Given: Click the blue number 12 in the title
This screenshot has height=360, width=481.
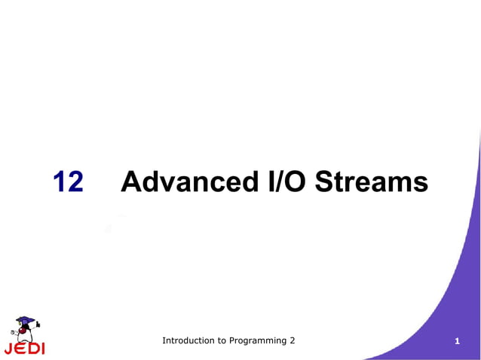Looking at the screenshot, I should [68, 182].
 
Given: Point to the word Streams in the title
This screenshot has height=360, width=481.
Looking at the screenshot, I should [372, 182].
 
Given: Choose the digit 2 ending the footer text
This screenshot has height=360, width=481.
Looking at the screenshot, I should [293, 341].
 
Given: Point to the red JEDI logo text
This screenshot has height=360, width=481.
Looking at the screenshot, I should [24, 349].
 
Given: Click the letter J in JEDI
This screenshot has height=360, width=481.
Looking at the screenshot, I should [8, 349].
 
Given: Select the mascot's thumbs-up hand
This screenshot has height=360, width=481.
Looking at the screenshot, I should [38, 325].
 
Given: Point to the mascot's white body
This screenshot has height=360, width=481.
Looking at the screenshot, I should [24, 336].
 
